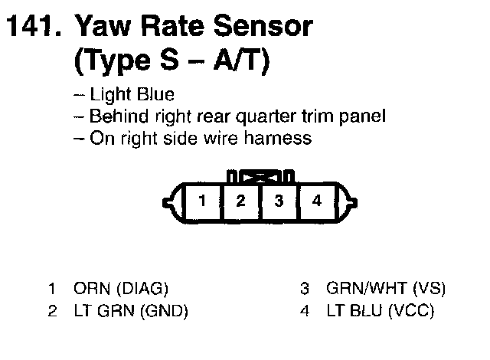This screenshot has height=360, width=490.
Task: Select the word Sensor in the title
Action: click(265, 28)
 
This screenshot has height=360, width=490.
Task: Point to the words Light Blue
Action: click(132, 96)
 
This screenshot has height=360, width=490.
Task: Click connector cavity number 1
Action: click(201, 201)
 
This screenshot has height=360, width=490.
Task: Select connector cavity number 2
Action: click(240, 201)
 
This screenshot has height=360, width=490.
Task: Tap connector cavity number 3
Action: click(279, 201)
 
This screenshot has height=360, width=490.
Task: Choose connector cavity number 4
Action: click(318, 201)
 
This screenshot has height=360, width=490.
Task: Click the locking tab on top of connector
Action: click(260, 175)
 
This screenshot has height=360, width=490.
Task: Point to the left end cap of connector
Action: click(169, 202)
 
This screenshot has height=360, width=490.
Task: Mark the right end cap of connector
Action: click(351, 202)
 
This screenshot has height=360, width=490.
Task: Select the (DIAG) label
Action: click(142, 290)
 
